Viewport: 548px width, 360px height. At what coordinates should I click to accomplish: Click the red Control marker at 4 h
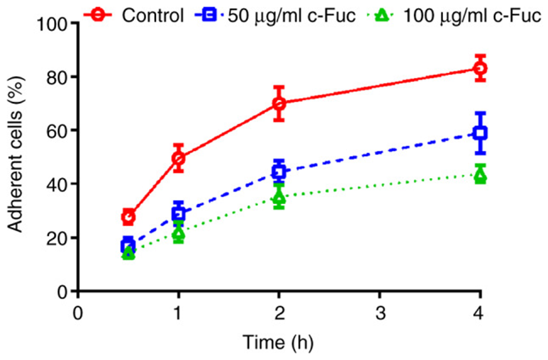(481, 69)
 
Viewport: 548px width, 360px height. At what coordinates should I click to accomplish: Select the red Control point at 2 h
(279, 104)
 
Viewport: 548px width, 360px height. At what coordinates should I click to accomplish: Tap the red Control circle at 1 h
(179, 158)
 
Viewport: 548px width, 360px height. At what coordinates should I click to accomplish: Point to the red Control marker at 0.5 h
(129, 217)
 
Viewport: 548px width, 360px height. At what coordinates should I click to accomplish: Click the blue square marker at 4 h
(481, 133)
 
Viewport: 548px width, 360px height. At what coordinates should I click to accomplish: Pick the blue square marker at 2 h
(279, 171)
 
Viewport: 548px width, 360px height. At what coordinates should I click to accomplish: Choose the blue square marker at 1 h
(179, 214)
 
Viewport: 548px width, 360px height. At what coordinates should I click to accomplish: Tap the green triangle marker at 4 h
(481, 176)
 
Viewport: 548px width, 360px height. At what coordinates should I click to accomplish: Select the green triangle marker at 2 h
(279, 197)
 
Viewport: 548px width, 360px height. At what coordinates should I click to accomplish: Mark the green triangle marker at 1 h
(179, 234)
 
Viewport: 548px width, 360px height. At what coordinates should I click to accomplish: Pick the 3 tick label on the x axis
(380, 312)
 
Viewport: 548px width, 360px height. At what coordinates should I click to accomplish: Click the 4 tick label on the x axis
(481, 312)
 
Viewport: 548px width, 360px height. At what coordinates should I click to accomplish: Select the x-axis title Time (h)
(278, 343)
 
